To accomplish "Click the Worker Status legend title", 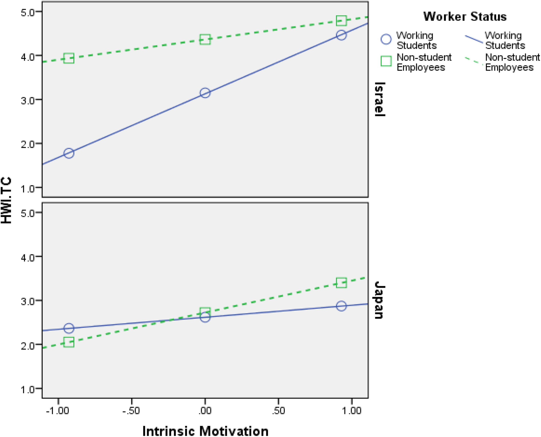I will click(x=465, y=17).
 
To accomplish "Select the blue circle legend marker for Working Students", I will click(x=386, y=39).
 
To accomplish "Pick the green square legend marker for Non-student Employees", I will click(x=386, y=61).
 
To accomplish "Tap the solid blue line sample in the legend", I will click(x=474, y=39).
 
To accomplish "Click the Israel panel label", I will click(x=380, y=99).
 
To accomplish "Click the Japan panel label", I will click(x=380, y=300).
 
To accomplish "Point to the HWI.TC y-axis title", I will click(x=6, y=200).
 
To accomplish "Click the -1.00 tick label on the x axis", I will click(x=58, y=411).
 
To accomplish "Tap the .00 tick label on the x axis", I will click(x=205, y=411).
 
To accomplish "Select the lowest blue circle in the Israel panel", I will click(x=69, y=153).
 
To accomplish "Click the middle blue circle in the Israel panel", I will click(x=205, y=93).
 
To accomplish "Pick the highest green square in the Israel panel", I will click(x=341, y=21).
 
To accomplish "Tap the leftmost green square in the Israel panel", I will click(x=69, y=58).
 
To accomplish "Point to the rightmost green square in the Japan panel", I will click(x=341, y=283).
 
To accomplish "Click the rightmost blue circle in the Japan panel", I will click(x=341, y=306).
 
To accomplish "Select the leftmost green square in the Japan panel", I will click(x=69, y=343).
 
